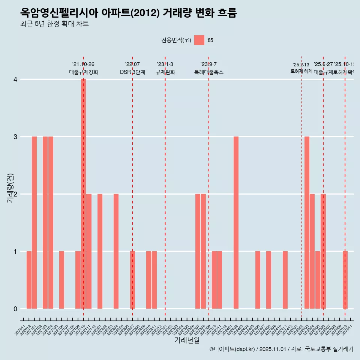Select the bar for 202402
point(236,223)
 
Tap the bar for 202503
point(307,223)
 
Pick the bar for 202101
point(34,223)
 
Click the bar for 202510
point(345,280)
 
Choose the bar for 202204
point(116,251)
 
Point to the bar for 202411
point(285,280)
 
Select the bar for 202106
point(61,280)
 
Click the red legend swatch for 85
point(199,40)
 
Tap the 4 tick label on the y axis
point(15,79)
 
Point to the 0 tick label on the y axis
point(15,309)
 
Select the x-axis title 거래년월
point(187,340)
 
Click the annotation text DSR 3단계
point(132,72)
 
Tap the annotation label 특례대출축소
point(209,72)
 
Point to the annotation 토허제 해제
point(301,71)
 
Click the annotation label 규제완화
point(165,72)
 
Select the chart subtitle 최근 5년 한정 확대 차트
point(54,24)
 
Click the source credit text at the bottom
point(281,349)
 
